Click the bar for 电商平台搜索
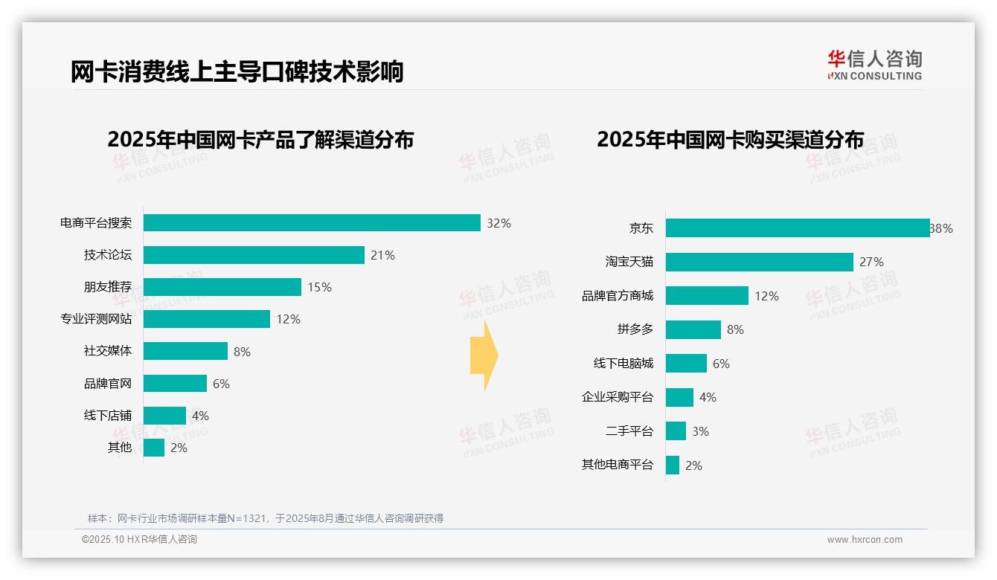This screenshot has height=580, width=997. coord(312,223)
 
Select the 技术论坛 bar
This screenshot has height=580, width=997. coord(254,255)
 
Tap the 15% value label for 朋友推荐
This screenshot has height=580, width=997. coord(319,287)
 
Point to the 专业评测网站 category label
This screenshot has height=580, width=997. coord(96,319)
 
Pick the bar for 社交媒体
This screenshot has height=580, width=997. coord(185,351)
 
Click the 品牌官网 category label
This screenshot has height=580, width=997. coord(108,384)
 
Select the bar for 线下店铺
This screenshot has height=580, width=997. coord(164,416)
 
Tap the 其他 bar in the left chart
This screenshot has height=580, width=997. coord(154,448)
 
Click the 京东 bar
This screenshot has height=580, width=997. coord(798,228)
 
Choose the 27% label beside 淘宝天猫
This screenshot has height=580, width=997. coord(871,262)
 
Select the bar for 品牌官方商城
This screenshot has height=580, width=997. coord(707,296)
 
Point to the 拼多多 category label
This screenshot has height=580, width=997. coord(635,329)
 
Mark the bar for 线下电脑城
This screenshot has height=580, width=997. coord(686,364)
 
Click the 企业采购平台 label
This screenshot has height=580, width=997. coord(618,397)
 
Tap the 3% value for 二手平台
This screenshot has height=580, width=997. coord(700,431)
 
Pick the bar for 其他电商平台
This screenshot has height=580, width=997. coord(673,465)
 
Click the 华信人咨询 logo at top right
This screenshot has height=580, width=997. coord(874,65)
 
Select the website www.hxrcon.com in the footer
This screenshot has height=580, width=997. coord(865,540)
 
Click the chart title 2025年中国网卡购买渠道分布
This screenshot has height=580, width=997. coord(730,140)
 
